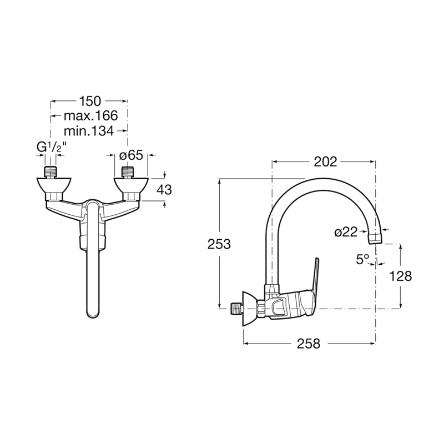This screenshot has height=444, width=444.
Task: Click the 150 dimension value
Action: coord(90,101)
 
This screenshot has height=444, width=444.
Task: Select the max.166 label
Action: coord(90,115)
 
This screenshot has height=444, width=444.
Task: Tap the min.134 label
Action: coord(89,130)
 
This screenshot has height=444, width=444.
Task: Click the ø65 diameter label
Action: coord(131,155)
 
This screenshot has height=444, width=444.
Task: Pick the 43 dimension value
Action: coord(164,190)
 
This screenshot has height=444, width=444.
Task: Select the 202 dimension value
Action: coord(325,162)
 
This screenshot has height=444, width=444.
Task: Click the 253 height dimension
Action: coord(219,244)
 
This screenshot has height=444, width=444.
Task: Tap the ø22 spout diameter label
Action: coord(346,232)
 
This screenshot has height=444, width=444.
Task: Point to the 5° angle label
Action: coord(363,259)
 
